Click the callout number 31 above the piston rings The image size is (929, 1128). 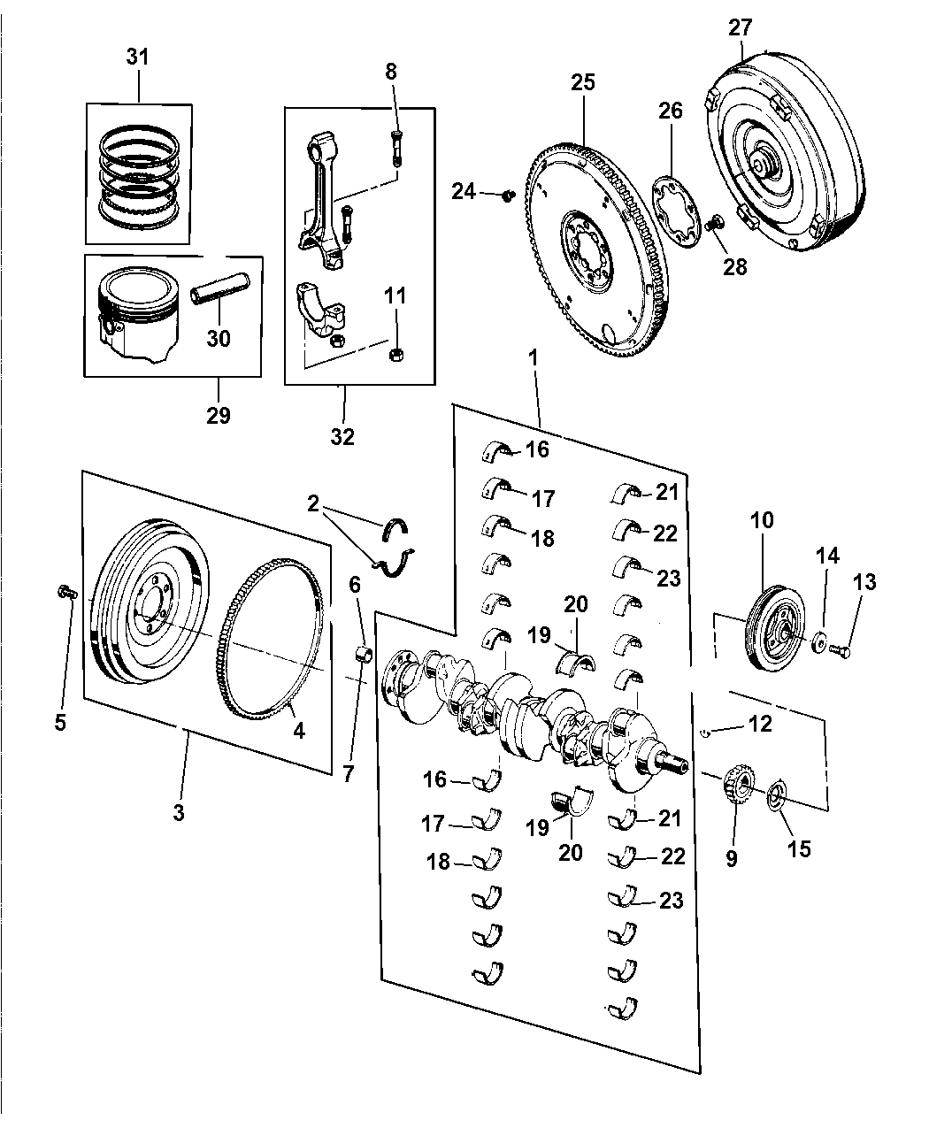click(137, 58)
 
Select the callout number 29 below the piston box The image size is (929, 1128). click(217, 414)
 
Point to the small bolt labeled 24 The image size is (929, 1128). click(508, 193)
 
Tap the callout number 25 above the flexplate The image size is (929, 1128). click(583, 82)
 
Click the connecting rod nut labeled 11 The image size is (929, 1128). click(396, 355)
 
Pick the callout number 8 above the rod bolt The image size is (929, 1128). click(392, 73)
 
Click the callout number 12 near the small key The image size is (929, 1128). click(759, 724)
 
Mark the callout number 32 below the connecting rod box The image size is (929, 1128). click(342, 436)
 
